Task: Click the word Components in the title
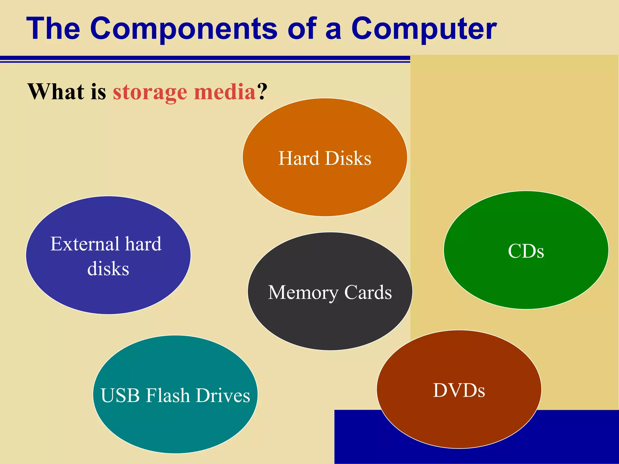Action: coord(183,29)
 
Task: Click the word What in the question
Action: coord(56,92)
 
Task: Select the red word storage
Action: coord(150,92)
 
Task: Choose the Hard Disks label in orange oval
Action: coord(325,158)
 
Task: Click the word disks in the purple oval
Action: coord(108,269)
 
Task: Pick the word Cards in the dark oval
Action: coord(368,292)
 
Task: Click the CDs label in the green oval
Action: coord(526,251)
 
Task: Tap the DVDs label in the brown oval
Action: coord(459,390)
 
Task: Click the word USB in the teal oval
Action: coord(120,395)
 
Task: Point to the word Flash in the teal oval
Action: coord(168,395)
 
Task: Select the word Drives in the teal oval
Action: coord(223,395)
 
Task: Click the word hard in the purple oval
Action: coord(143,244)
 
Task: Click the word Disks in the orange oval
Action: coord(348,158)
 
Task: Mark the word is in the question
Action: coord(98,92)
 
